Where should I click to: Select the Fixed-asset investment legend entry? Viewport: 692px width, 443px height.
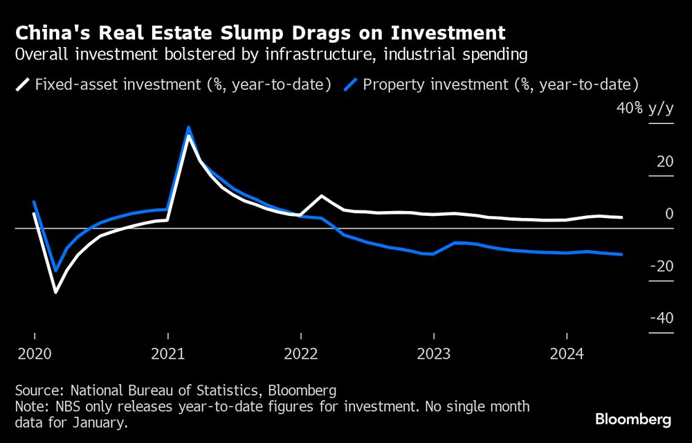(x=182, y=85)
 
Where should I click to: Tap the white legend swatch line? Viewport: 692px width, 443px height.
(x=23, y=85)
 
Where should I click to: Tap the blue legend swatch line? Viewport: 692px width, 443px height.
(x=352, y=85)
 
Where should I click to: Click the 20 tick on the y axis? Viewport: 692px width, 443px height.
(x=665, y=162)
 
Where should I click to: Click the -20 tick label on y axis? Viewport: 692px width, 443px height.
(x=662, y=266)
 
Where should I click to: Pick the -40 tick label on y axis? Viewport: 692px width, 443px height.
(x=662, y=318)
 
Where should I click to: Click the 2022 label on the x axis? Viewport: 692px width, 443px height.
(x=300, y=354)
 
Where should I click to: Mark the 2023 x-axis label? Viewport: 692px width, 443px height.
(x=433, y=354)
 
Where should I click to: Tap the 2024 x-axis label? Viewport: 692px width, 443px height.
(x=566, y=354)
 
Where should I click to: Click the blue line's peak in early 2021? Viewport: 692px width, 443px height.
(x=188, y=127)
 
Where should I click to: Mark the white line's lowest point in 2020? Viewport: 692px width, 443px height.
(x=55, y=292)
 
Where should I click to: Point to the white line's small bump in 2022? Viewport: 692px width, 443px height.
(x=321, y=196)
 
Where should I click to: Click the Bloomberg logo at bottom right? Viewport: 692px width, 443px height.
(x=633, y=419)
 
